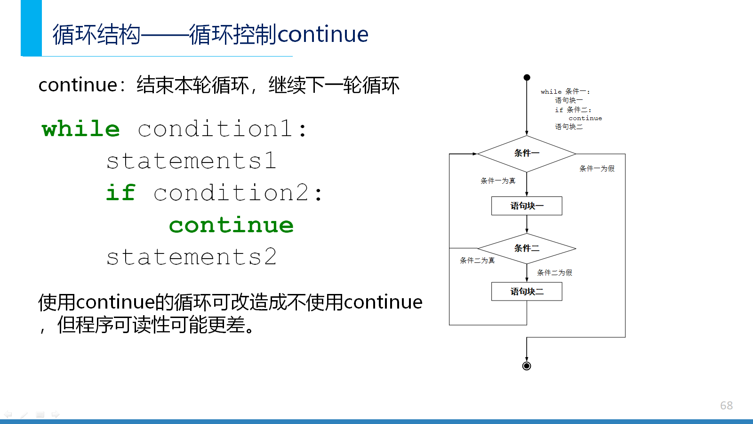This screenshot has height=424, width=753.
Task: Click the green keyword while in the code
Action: tap(80, 129)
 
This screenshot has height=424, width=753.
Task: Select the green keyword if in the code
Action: tap(120, 193)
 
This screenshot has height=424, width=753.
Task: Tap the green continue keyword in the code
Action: tap(231, 225)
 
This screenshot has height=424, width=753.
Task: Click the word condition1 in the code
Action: tap(215, 129)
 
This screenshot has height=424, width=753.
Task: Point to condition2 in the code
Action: tap(231, 193)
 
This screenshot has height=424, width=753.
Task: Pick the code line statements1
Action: tap(191, 161)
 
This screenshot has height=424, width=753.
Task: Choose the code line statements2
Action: tap(191, 257)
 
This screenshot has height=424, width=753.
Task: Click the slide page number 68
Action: tap(727, 406)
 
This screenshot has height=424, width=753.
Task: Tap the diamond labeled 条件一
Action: tap(527, 154)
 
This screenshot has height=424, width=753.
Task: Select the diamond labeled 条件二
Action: tap(527, 249)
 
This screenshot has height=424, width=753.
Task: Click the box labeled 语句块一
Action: tap(527, 206)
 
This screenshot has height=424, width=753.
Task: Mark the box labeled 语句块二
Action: tap(527, 292)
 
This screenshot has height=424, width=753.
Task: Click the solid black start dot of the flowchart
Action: tap(527, 77)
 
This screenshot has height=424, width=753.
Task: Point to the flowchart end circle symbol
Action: tap(527, 366)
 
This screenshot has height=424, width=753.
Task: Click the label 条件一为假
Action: tap(597, 169)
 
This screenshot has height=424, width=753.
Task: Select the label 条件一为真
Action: tap(498, 181)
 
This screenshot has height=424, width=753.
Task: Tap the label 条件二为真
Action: tap(477, 261)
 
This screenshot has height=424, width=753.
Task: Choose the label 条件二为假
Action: tap(554, 273)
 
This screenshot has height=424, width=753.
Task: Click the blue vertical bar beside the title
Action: tap(31, 28)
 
